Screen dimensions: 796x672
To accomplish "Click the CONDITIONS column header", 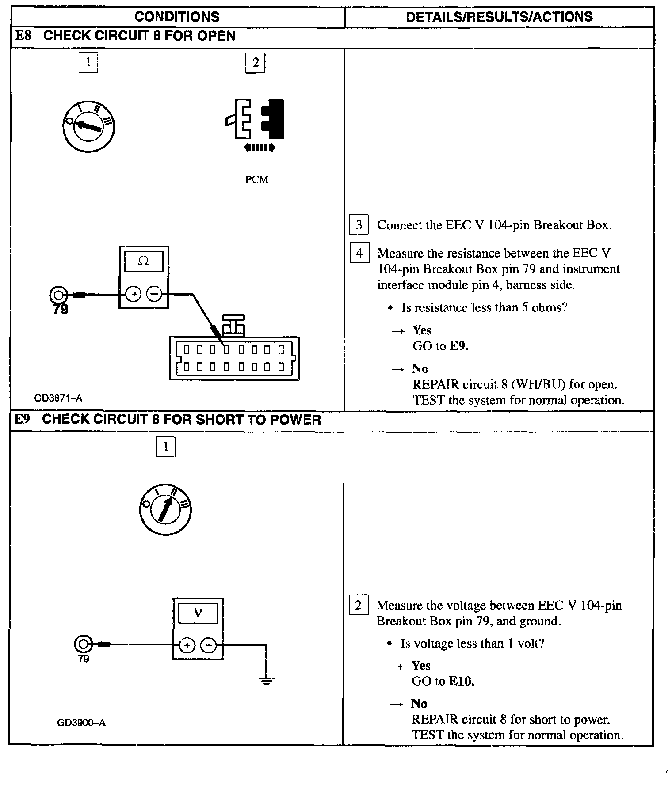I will coord(177,17).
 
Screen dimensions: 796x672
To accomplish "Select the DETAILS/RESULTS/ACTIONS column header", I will coord(499,17).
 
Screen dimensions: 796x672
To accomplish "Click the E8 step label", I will coord(23,36).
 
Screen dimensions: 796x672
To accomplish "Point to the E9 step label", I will coord(22,419).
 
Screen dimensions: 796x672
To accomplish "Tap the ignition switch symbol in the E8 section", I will coord(88,126).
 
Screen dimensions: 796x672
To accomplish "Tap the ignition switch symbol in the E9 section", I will coord(165,510).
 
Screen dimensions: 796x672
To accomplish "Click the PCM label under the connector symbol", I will coord(256,180).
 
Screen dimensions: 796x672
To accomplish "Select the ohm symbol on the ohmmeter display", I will coord(144,262).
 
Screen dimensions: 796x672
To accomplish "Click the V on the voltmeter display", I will coord(198,613).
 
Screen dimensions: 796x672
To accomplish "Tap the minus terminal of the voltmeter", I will coord(208,645).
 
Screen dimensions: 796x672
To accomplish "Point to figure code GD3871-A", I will coord(58,398).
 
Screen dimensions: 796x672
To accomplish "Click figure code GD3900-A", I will coord(81,723).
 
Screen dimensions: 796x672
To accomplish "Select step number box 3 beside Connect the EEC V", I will coord(359,225).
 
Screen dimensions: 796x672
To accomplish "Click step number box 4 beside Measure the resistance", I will coord(359,253).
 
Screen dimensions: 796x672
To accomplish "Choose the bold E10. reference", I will coord(462,681).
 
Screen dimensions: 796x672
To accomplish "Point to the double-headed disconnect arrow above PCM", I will coord(260,148).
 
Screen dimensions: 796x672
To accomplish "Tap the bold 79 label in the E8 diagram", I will coord(61,310).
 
